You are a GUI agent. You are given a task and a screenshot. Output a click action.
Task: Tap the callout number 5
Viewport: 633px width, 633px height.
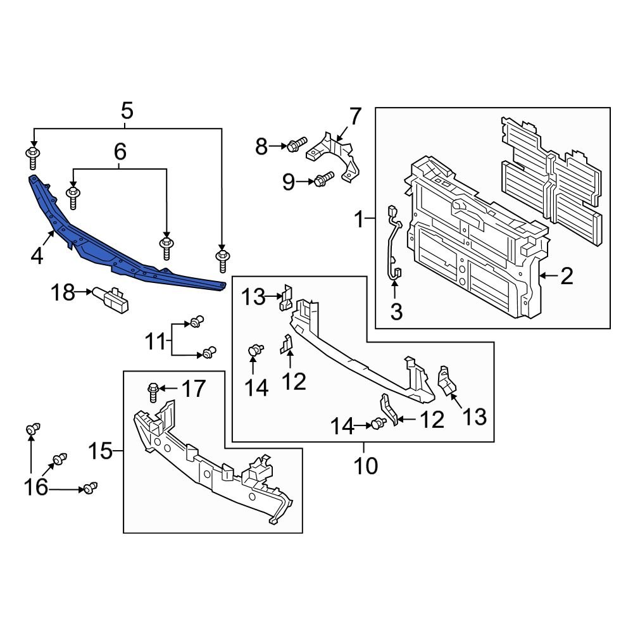[x=127, y=111]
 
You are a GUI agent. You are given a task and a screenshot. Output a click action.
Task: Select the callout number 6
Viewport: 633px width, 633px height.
[x=120, y=151]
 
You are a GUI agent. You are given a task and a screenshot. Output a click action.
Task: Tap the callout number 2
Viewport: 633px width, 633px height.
[x=566, y=276]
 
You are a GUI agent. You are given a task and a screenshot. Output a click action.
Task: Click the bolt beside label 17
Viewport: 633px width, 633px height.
[x=153, y=392]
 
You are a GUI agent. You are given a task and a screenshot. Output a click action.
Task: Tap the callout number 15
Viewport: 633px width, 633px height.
[x=99, y=452]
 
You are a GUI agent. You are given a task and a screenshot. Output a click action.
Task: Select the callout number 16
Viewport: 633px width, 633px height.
[x=36, y=487]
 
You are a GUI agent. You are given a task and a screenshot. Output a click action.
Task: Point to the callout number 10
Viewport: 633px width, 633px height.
[x=365, y=466]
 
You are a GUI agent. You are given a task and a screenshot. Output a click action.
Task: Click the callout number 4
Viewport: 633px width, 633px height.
[x=37, y=256]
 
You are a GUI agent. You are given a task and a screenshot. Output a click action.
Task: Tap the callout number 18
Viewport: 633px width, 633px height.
[x=63, y=292]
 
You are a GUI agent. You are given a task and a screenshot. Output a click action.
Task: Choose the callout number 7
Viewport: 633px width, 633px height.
[x=354, y=117]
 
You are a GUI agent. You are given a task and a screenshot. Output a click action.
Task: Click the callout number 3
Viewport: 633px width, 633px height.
[x=396, y=312]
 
